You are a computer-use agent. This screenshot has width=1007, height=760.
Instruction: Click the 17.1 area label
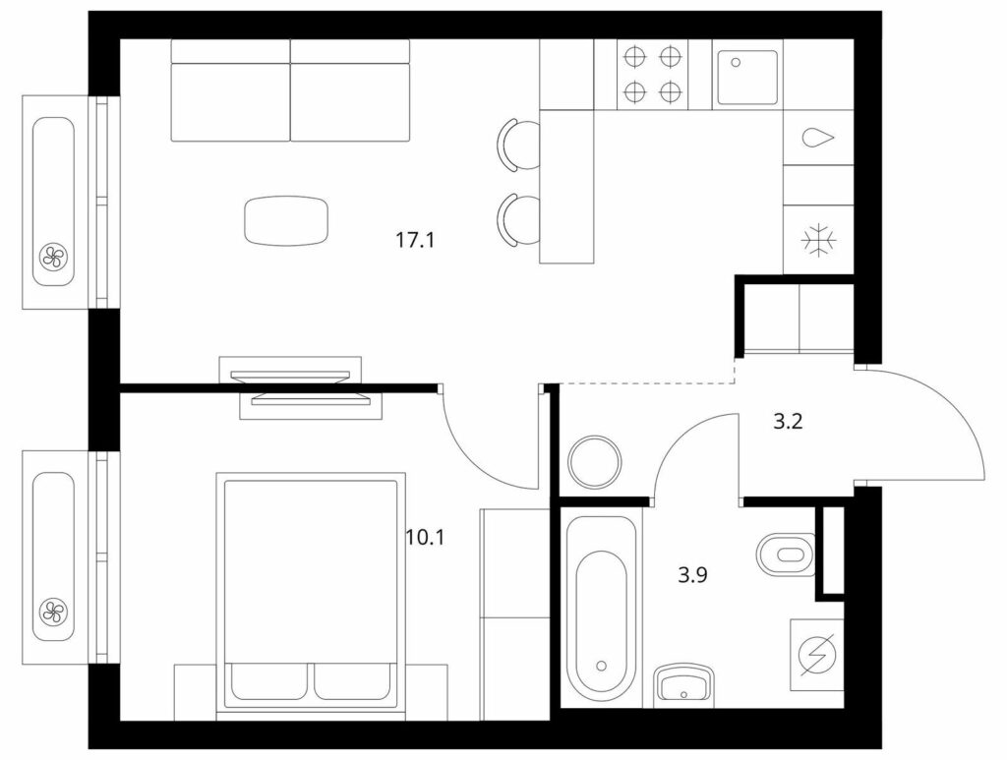[415, 241]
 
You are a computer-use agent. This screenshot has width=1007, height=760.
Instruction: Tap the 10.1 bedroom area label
[425, 537]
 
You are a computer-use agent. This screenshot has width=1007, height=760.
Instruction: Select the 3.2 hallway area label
[788, 422]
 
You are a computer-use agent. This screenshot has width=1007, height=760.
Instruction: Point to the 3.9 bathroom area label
[692, 574]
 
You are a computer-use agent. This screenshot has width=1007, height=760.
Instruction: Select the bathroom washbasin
[683, 685]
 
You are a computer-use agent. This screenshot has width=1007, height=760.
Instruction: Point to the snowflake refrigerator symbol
[819, 241]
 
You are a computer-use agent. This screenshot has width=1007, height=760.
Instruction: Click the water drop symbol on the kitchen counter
[817, 138]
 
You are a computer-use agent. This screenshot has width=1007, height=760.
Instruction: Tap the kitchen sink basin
[747, 77]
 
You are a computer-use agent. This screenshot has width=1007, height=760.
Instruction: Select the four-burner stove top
[652, 75]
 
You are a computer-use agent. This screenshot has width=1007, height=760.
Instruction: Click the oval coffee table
[286, 221]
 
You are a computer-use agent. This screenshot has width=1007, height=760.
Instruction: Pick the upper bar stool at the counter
[518, 145]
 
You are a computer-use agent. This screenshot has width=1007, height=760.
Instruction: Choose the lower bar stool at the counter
[518, 219]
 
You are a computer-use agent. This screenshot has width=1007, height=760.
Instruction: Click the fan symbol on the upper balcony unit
[53, 258]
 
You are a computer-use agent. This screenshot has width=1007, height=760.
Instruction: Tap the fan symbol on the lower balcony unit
[53, 612]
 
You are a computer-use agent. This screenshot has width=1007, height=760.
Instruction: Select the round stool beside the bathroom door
[595, 461]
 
